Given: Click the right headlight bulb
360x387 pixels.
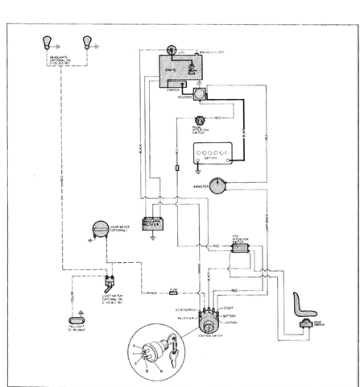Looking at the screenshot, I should (x=86, y=42).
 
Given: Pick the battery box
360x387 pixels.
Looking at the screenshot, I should (x=213, y=154).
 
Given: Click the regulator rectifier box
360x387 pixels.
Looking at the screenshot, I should (x=152, y=223).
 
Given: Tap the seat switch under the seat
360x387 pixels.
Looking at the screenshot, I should (x=307, y=323).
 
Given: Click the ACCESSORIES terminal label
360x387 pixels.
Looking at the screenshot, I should (x=184, y=310).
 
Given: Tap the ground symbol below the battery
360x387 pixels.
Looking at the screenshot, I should (x=198, y=170).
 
